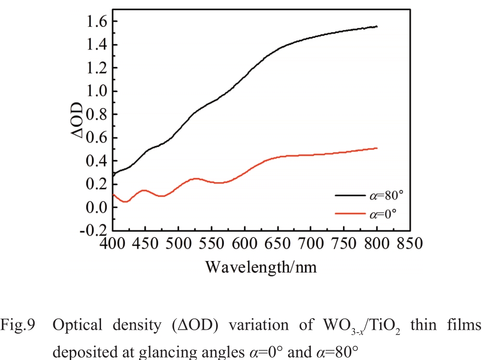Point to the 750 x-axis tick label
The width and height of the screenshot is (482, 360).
click(343, 244)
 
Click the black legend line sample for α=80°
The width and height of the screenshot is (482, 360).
click(350, 196)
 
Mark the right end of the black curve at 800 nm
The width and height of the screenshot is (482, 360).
click(377, 26)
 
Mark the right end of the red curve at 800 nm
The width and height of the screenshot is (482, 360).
click(377, 148)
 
